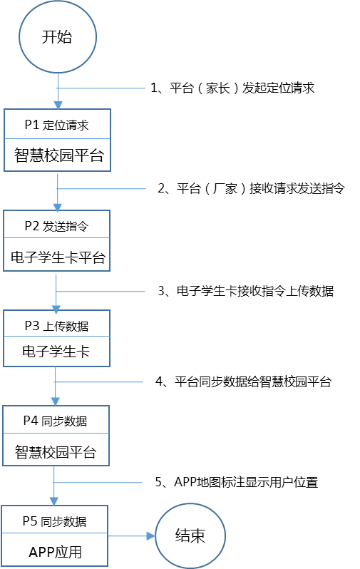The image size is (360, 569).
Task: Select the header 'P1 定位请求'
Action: tap(56, 125)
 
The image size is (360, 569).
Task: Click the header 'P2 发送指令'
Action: tap(56, 226)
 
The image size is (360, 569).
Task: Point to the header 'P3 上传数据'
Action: tap(56, 326)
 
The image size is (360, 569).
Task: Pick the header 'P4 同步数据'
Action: tap(56, 421)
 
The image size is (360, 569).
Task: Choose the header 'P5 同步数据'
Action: tap(55, 521)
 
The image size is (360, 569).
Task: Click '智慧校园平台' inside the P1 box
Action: tap(58, 155)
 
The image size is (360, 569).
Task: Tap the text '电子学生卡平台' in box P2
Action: tap(58, 257)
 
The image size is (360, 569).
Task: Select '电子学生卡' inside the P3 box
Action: tap(56, 352)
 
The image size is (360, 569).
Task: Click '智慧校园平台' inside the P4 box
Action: tap(56, 452)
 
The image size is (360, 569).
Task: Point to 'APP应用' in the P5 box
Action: tap(55, 552)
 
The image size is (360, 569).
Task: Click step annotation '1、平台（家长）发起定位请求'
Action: tap(232, 88)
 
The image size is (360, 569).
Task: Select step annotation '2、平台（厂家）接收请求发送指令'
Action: tap(251, 188)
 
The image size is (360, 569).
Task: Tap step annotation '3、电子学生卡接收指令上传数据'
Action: tap(246, 291)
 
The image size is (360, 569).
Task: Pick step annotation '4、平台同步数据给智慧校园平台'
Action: tap(244, 381)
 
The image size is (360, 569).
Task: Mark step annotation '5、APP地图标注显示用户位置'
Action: tap(237, 482)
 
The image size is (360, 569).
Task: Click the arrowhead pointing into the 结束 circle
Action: tap(151, 535)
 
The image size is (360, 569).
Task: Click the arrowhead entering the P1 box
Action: tap(58, 105)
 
